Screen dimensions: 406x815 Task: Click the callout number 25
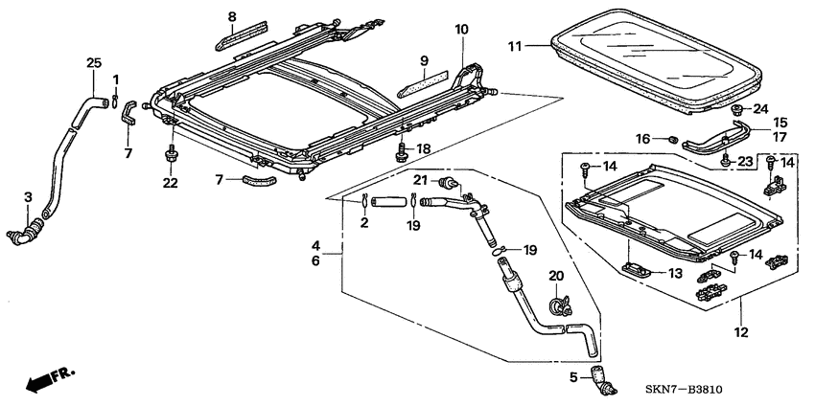pyautogui.click(x=93, y=63)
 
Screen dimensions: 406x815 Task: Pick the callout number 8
pyautogui.click(x=231, y=16)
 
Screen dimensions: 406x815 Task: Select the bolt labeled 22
pyautogui.click(x=171, y=154)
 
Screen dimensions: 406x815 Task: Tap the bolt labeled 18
pyautogui.click(x=401, y=150)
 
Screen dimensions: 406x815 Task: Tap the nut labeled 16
pyautogui.click(x=672, y=140)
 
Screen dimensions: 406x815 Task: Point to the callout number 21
pyautogui.click(x=419, y=181)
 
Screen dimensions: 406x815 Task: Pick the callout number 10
pyautogui.click(x=461, y=30)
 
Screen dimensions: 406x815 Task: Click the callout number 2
pyautogui.click(x=365, y=223)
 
